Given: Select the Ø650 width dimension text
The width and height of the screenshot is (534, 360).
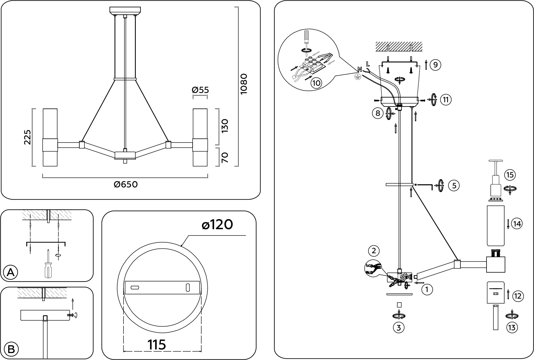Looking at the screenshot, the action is (126, 184).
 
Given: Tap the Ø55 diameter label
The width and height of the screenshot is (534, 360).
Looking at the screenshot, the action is (200, 90).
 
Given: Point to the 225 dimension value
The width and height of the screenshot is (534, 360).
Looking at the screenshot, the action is (27, 137).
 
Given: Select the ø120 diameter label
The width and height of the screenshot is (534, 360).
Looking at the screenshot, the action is (217, 225).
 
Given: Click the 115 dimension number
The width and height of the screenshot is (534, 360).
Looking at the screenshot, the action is (157, 345).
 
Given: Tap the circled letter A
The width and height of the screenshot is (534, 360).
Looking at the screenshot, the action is (11, 272).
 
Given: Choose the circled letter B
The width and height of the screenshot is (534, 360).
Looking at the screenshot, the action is (11, 349).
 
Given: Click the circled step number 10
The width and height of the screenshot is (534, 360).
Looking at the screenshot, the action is (316, 83).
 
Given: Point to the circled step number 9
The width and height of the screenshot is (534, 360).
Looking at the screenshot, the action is (435, 65).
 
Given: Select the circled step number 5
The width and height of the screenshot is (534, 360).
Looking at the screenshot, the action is (454, 186).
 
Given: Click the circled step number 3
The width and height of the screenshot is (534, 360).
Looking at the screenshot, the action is (398, 327).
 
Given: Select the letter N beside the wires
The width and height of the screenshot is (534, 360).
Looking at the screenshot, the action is (359, 69).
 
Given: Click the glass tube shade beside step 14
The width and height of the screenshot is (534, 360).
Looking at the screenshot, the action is (496, 226).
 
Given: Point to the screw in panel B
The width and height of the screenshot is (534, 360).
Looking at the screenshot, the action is (71, 315).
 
